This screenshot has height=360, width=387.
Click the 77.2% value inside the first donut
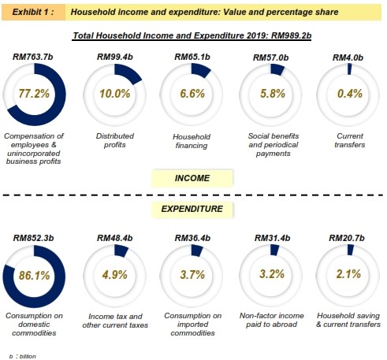(x=34, y=94)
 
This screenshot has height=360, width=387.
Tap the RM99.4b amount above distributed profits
(x=115, y=57)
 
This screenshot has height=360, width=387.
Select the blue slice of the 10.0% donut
(x=128, y=73)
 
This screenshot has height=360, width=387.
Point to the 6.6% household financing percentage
(x=192, y=94)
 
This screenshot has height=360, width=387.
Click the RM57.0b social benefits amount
(x=270, y=58)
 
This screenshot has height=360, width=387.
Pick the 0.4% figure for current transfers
(x=350, y=94)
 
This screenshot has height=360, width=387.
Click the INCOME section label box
(x=192, y=178)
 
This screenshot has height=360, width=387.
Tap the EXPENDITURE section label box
(x=192, y=209)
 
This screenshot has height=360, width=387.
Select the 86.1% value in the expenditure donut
(x=34, y=276)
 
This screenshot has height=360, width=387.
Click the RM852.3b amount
(x=33, y=238)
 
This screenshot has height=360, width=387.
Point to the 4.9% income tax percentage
(x=115, y=275)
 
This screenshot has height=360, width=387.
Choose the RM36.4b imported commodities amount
(x=192, y=238)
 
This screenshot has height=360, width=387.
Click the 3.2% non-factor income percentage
(x=272, y=274)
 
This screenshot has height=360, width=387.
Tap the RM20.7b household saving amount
(x=347, y=238)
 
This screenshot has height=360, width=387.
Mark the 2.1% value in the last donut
(x=348, y=274)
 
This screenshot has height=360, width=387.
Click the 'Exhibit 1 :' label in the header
(x=33, y=12)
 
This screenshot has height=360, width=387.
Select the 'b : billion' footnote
(x=23, y=356)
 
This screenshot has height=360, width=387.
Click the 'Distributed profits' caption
(x=115, y=140)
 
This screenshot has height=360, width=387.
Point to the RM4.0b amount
(x=348, y=58)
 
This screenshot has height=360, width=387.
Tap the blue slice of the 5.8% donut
(x=277, y=69)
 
